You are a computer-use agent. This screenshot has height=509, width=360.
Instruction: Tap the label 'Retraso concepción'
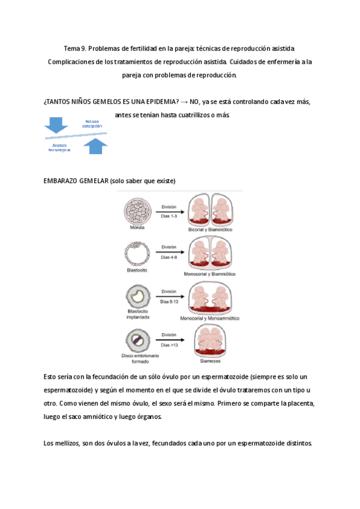94,124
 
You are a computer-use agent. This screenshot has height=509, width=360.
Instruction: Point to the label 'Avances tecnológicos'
59,148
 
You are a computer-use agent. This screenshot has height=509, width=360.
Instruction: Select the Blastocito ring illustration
137,252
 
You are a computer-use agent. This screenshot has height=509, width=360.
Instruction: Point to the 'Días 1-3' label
169,215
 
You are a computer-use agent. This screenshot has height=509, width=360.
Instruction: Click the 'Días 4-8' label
169,257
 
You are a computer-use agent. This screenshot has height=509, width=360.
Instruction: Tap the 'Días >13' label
169,345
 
